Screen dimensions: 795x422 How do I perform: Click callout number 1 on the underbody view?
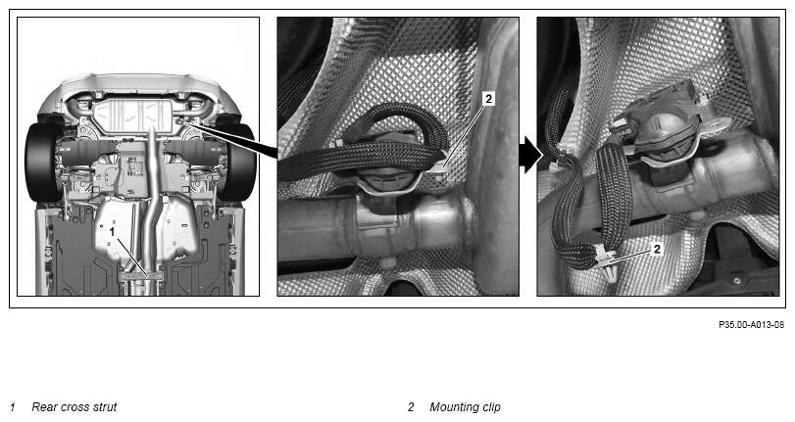pyautogui.click(x=113, y=232)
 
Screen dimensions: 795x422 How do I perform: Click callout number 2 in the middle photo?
pyautogui.click(x=489, y=99)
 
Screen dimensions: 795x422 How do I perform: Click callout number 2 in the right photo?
pyautogui.click(x=657, y=249)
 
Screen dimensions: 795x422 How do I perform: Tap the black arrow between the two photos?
pyautogui.click(x=530, y=155)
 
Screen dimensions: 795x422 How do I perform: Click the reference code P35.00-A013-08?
pyautogui.click(x=752, y=325)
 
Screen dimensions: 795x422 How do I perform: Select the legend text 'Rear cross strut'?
pyautogui.click(x=75, y=406)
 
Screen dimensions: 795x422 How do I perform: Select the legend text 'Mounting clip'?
pyautogui.click(x=465, y=406)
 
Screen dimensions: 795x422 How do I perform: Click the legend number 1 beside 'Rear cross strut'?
pyautogui.click(x=13, y=406)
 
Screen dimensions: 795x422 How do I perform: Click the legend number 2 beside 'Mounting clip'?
pyautogui.click(x=411, y=406)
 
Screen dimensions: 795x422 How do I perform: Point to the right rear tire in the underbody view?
pyautogui.click(x=237, y=162)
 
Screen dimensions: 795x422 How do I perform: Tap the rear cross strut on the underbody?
pyautogui.click(x=141, y=276)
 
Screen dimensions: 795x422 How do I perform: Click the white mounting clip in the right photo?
pyautogui.click(x=607, y=260)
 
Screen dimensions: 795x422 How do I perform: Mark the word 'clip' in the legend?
pyautogui.click(x=490, y=407)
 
